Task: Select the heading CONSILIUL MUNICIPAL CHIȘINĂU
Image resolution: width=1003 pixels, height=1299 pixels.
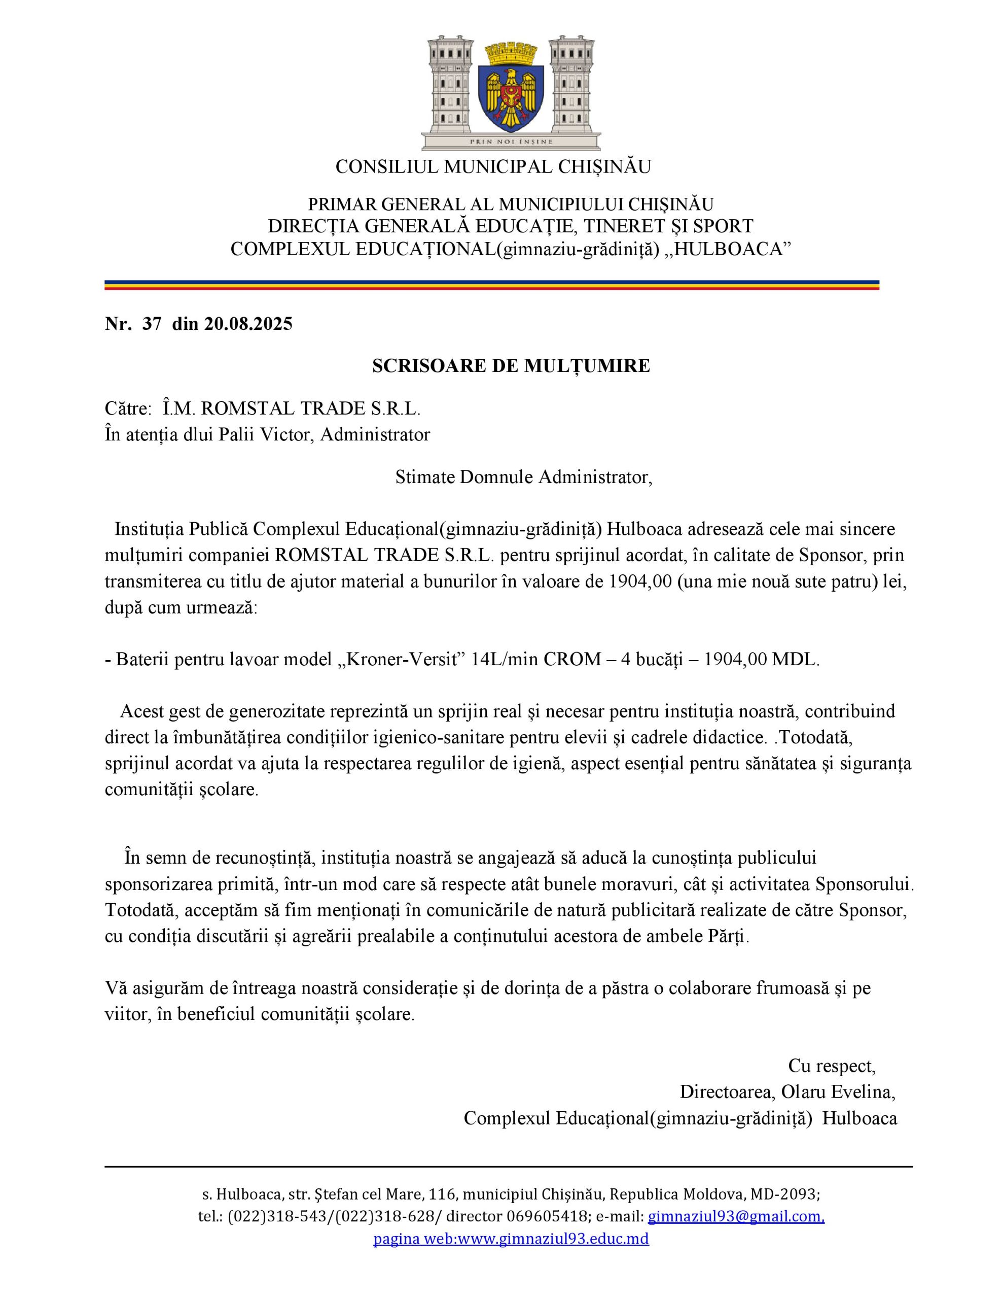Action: pyautogui.click(x=493, y=167)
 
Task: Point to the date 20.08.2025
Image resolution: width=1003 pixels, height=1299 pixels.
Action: pyautogui.click(x=248, y=324)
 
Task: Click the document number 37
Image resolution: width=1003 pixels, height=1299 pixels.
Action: pyautogui.click(x=152, y=324)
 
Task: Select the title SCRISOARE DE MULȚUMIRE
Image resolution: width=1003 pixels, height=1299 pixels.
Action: pyautogui.click(x=511, y=366)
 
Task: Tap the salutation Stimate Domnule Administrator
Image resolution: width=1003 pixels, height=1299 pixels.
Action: pyautogui.click(x=523, y=477)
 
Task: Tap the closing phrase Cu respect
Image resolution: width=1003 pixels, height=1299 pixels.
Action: pyautogui.click(x=832, y=1067)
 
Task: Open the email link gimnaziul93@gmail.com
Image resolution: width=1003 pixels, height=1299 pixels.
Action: pyautogui.click(x=735, y=1217)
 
